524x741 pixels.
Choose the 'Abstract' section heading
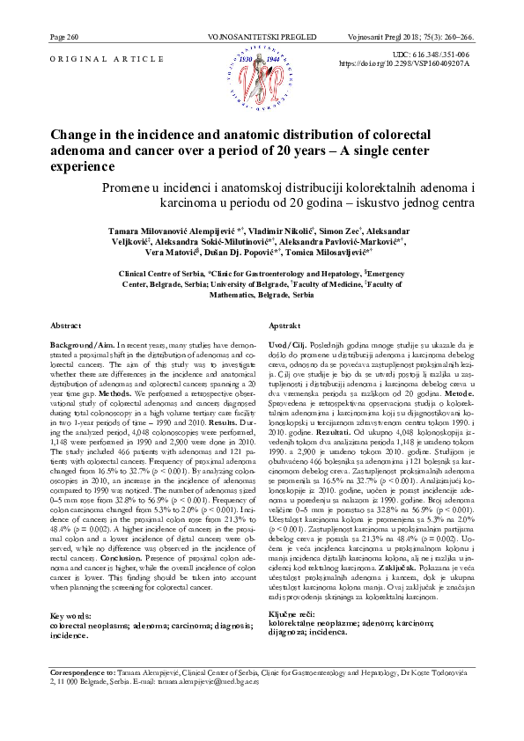pos(66,326)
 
